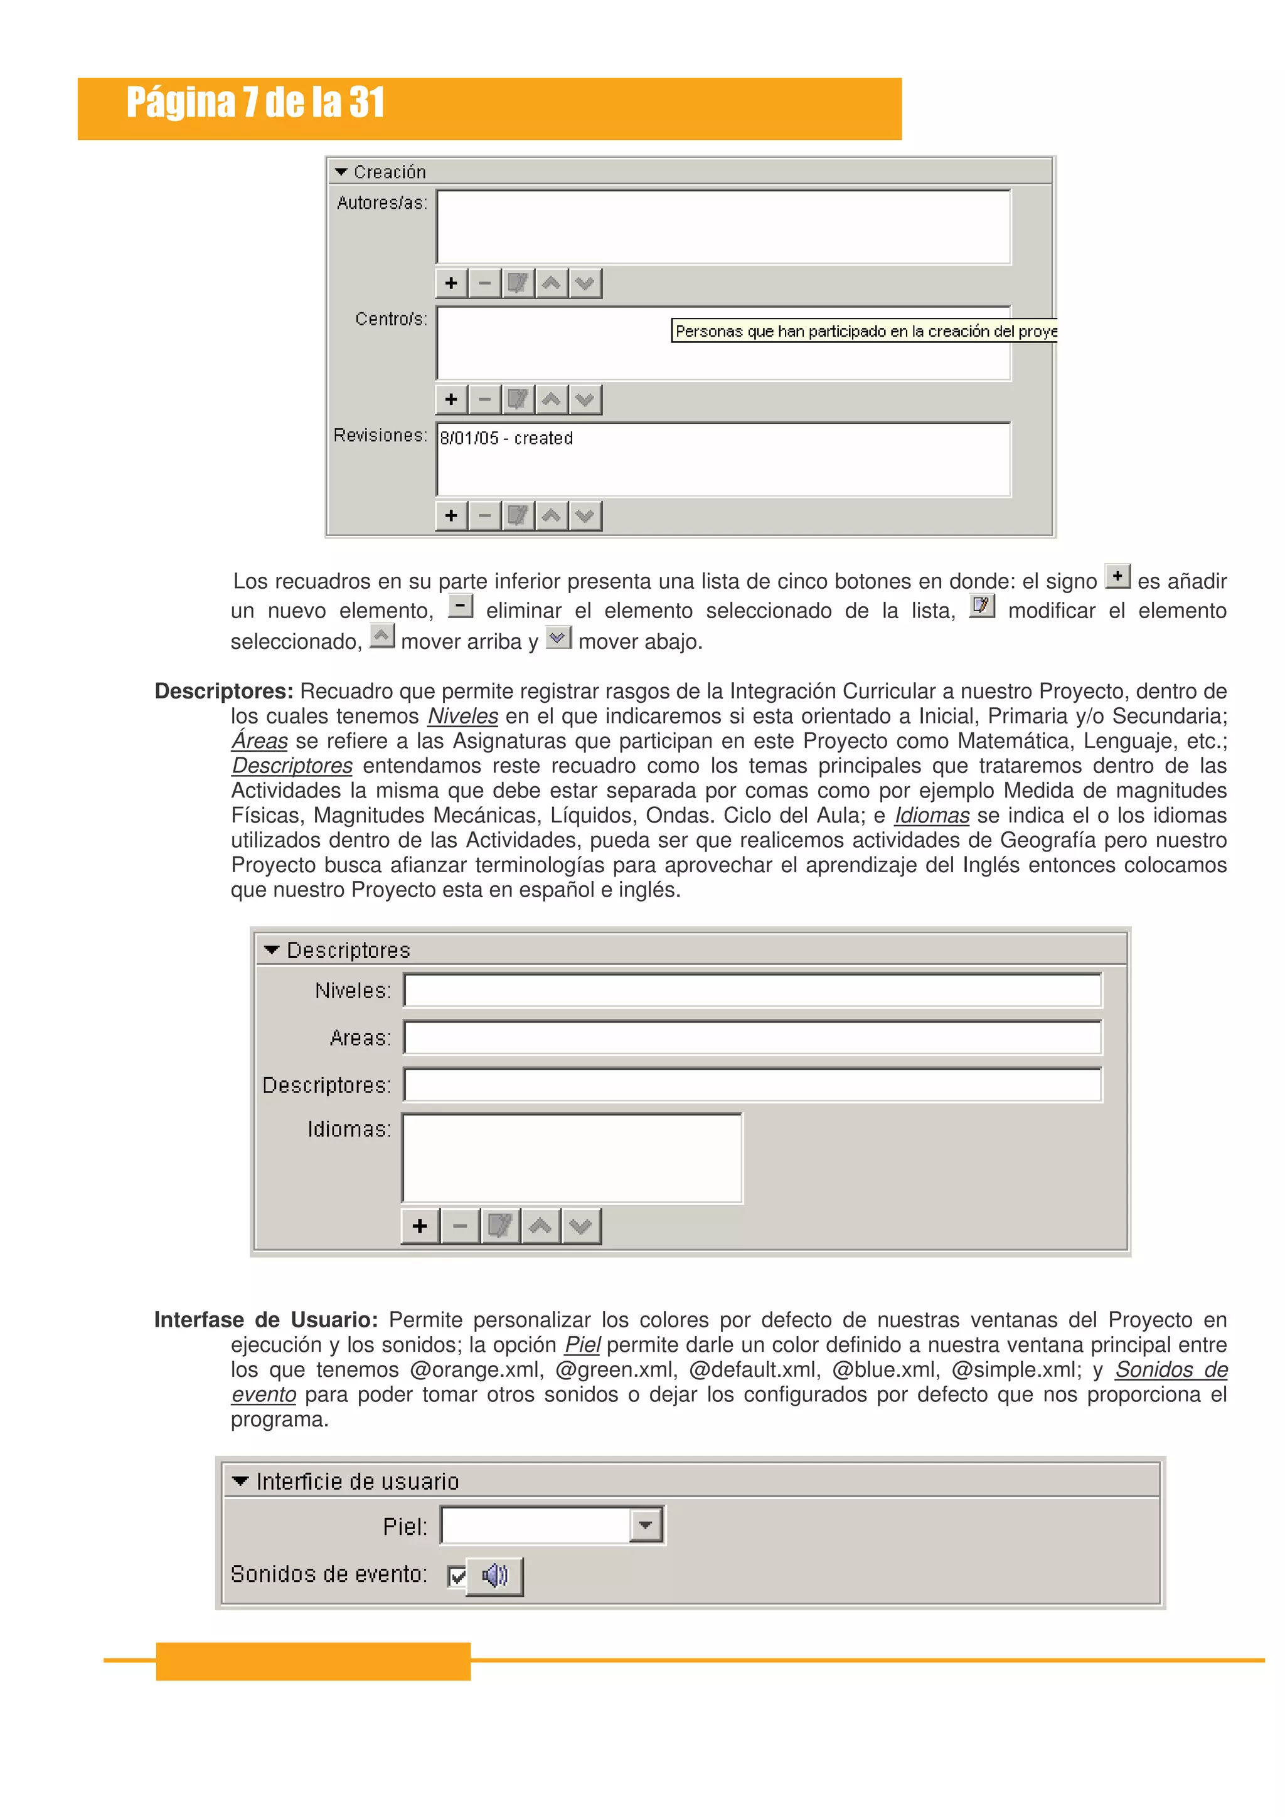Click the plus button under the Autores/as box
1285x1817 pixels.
(x=451, y=283)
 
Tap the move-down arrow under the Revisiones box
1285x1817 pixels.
(x=585, y=516)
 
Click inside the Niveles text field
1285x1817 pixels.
(x=752, y=991)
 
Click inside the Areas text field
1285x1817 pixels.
(x=752, y=1038)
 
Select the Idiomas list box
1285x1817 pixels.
(x=572, y=1158)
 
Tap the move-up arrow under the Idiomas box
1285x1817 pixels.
(x=541, y=1226)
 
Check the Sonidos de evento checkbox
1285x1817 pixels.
(x=457, y=1576)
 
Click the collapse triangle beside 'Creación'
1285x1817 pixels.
(x=341, y=172)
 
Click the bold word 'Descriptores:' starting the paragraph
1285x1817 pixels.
(x=224, y=691)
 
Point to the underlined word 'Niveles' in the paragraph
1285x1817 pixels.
(x=462, y=716)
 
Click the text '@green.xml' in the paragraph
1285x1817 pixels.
(x=616, y=1369)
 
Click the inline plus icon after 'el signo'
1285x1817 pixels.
(x=1117, y=576)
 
